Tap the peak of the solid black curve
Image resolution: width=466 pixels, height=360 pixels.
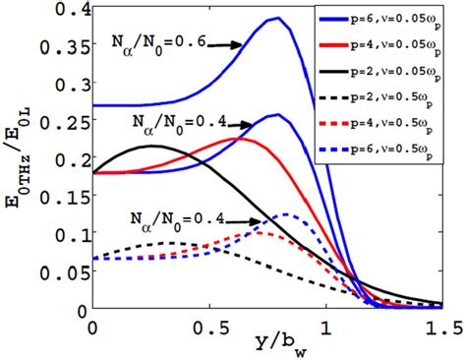click(x=153, y=147)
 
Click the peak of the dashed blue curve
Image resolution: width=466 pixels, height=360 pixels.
click(x=285, y=213)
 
